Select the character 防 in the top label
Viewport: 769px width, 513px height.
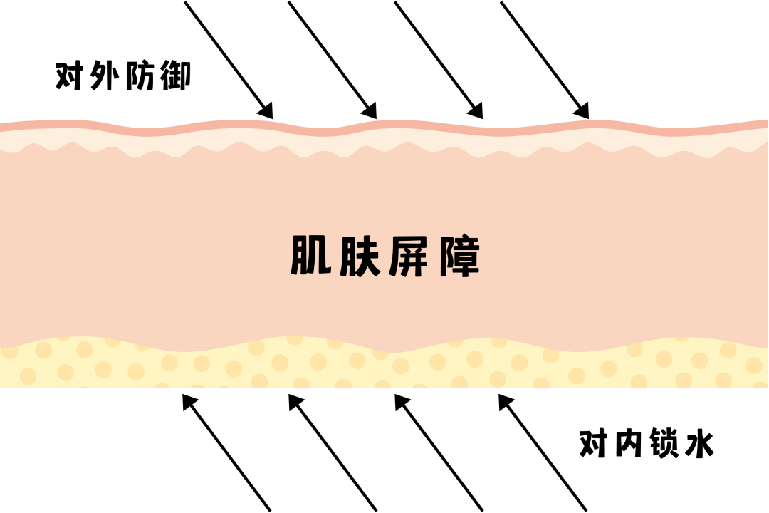[141, 76]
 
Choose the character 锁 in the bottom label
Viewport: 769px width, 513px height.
[664, 445]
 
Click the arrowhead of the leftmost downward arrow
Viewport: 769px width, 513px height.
[266, 110]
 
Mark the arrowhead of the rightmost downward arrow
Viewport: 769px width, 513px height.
[582, 110]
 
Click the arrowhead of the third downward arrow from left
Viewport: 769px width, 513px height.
[476, 110]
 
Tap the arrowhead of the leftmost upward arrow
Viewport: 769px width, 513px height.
[189, 401]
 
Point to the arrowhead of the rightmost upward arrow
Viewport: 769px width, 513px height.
[506, 401]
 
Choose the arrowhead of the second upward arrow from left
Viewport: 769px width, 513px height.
[295, 401]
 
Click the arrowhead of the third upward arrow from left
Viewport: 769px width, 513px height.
[401, 401]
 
